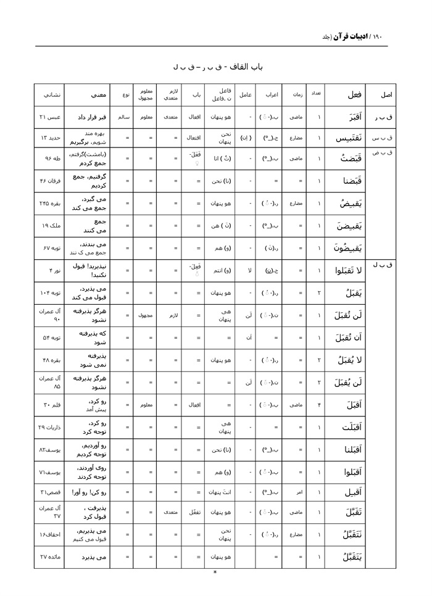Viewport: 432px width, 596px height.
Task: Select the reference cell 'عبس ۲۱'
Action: [48, 116]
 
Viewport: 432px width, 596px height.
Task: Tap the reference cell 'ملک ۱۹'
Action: [48, 225]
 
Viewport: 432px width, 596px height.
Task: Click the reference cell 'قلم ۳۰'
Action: [48, 404]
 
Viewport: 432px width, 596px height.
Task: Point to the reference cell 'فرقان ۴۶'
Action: [48, 181]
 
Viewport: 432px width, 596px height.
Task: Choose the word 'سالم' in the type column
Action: [122, 116]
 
